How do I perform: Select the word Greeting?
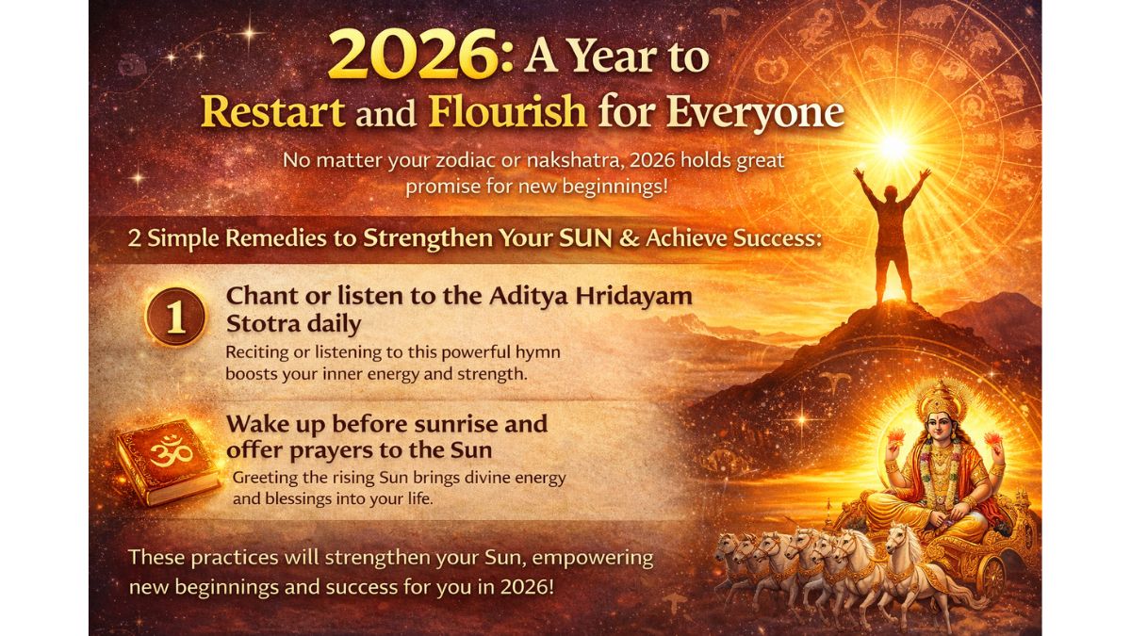pos(270,478)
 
